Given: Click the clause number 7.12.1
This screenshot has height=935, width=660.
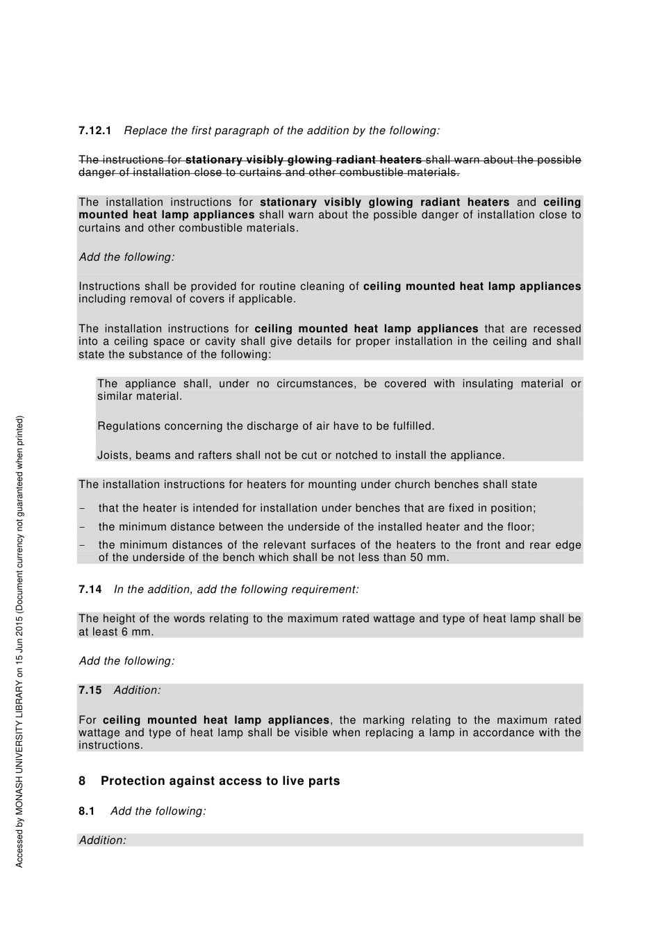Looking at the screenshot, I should point(94,131).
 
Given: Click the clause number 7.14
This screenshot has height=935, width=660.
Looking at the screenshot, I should point(90,590).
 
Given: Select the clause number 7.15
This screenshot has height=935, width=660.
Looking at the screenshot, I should point(90,690).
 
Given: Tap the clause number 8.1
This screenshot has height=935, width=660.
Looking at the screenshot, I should point(86,811).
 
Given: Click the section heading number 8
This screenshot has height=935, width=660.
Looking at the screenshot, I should point(82,781).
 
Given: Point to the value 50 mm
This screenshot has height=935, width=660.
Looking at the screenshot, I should point(431,558).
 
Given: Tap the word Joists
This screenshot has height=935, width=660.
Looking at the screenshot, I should point(113,455).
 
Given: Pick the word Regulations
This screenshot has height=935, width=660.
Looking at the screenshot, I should point(130,426).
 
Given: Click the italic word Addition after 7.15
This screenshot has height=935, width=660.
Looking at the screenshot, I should point(137,690).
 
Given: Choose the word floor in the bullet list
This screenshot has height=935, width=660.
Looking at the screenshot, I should point(520,527).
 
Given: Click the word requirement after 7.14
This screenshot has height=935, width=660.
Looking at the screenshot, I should point(326,590).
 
